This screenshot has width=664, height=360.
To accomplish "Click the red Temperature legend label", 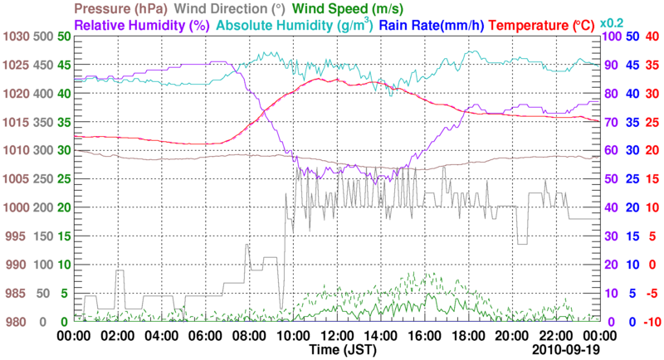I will click(554, 25).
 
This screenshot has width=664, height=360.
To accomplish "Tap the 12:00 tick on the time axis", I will click(336, 336).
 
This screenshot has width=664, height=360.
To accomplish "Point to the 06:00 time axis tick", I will click(204, 336).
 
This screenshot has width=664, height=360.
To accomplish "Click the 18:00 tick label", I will click(468, 336).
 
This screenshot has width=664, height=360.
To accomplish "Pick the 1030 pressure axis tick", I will click(15, 37).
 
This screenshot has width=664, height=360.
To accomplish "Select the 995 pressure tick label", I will click(15, 236).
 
